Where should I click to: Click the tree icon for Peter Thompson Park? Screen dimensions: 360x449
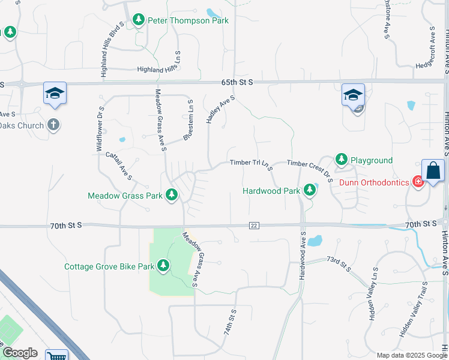coord(139,20)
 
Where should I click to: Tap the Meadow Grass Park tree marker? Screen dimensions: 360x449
coord(172,195)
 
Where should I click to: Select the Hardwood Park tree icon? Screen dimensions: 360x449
coord(310,191)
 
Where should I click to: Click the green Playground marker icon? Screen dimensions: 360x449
coord(342,160)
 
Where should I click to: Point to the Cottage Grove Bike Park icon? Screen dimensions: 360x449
coord(163,266)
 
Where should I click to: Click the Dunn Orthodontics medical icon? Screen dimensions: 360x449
coord(418,182)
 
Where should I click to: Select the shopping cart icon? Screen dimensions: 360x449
coord(57,356)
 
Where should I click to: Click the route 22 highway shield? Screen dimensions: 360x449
coord(255,225)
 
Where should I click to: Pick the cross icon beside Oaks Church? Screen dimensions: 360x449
coord(53,125)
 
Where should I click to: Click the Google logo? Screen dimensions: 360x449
coord(20,353)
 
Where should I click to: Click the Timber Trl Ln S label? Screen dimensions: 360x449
coord(251,164)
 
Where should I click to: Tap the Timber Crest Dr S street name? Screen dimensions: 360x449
coord(310,170)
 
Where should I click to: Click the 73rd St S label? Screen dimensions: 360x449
coord(339,265)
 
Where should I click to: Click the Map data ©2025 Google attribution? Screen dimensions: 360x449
coord(411,355)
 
